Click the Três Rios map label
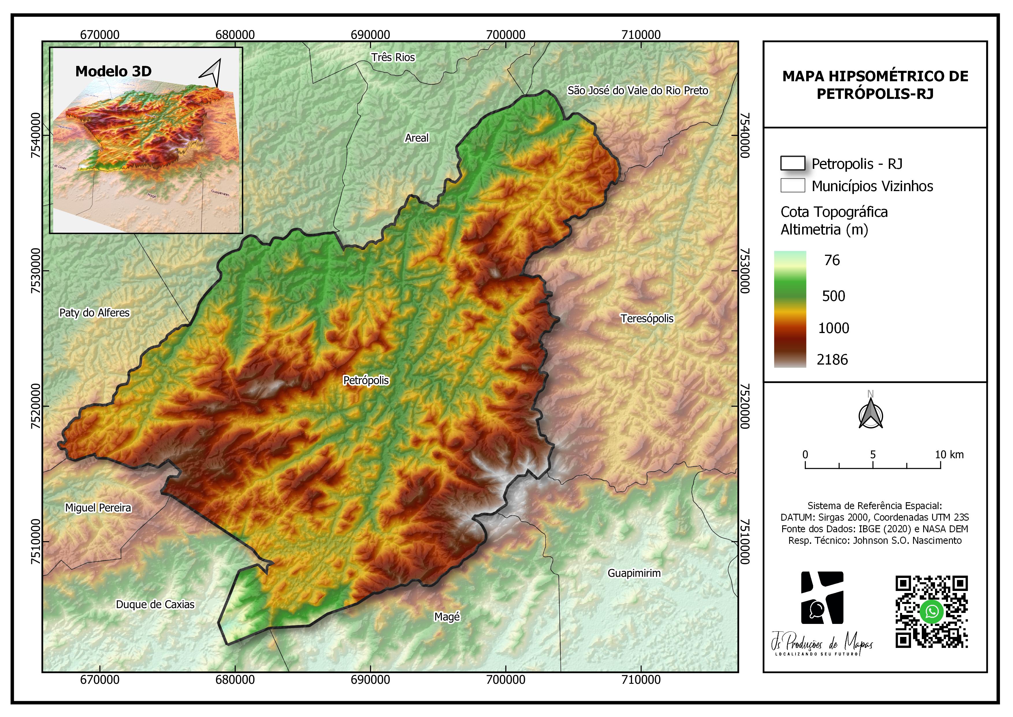tap(393, 58)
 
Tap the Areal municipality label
tap(417, 138)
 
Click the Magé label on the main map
tap(447, 617)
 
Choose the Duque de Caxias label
tap(155, 605)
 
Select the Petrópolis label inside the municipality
tap(366, 380)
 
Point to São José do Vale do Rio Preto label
tap(637, 90)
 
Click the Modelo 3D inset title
tap(114, 71)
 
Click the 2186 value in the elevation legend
tap(832, 360)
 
